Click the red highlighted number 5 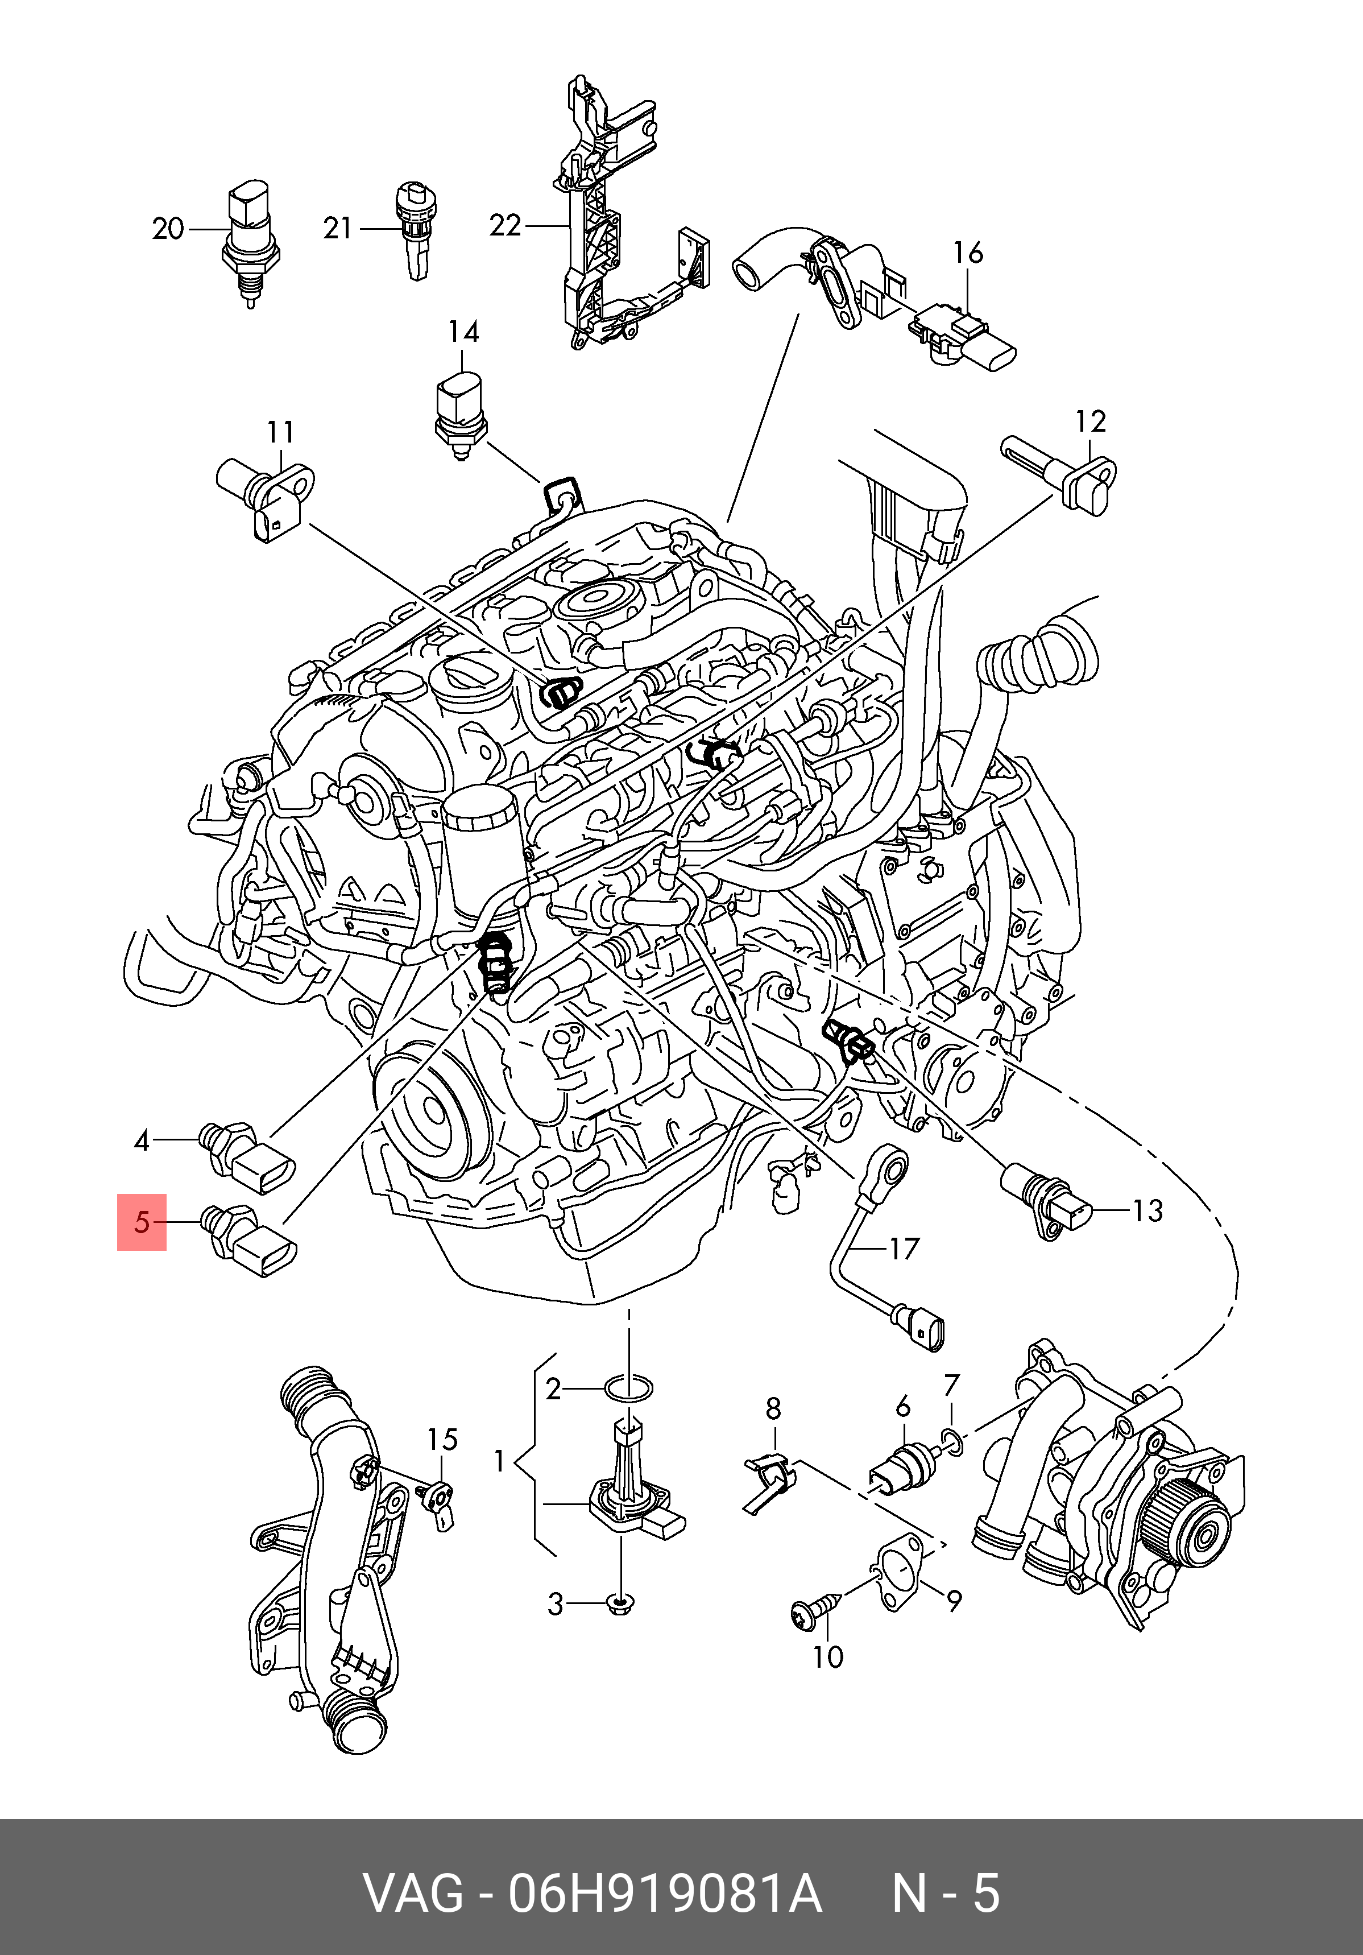pos(142,1223)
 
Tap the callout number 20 pos(168,229)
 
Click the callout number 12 pos(1091,421)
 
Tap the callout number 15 pos(442,1440)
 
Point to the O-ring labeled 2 pos(629,1390)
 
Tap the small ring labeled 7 pos(954,1441)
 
